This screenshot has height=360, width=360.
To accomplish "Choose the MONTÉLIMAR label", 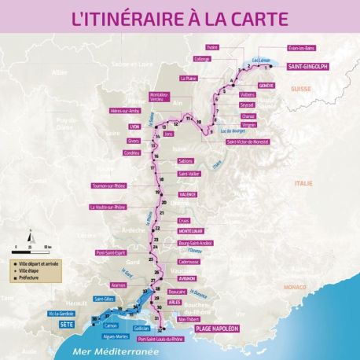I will point(191,231).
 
